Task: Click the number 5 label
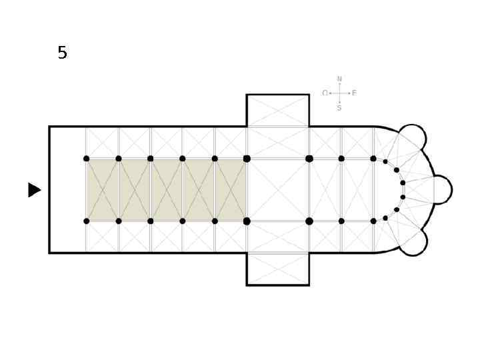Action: click(x=62, y=53)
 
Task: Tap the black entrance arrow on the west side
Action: click(x=34, y=190)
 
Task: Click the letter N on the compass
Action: click(x=339, y=79)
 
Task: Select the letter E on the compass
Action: click(x=354, y=93)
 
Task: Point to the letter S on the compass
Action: click(x=339, y=108)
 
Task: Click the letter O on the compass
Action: click(x=325, y=93)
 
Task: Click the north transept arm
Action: click(x=277, y=110)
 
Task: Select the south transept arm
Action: click(x=277, y=269)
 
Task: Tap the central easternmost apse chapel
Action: click(x=443, y=190)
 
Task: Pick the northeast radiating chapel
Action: click(x=413, y=137)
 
